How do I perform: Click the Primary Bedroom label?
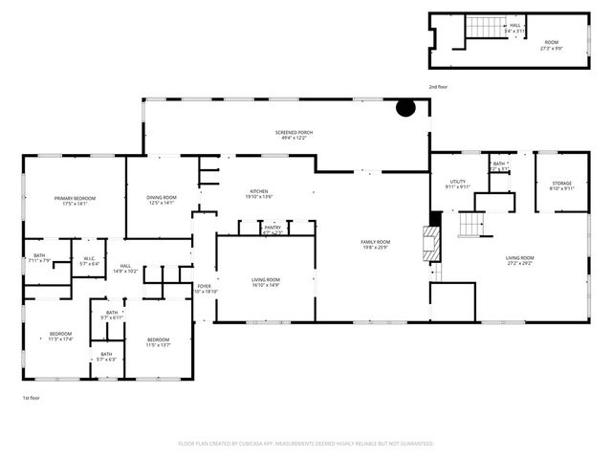[76, 200]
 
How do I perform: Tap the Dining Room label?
[161, 200]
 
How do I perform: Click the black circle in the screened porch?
[406, 108]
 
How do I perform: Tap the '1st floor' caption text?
[32, 398]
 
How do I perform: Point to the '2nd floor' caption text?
[437, 87]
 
